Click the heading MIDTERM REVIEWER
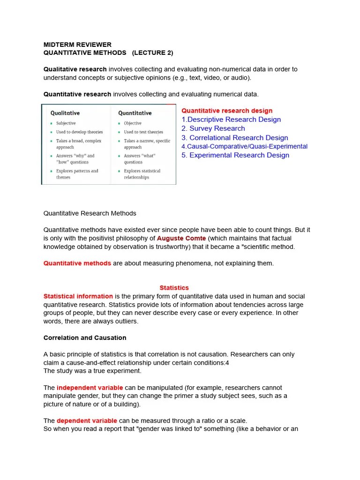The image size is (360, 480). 77,45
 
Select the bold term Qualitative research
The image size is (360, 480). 75,69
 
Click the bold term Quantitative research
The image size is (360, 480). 77,94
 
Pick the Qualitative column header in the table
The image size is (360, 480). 65,113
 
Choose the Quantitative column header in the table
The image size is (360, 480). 135,113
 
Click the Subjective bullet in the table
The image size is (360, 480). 66,123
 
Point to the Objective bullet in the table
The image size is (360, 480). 133,123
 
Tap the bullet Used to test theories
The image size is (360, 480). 143,132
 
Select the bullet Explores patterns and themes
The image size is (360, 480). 77,174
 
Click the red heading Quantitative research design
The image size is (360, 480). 227,111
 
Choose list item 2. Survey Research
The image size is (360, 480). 213,128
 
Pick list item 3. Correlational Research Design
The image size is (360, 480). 235,138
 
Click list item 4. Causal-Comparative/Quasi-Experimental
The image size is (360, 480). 244,146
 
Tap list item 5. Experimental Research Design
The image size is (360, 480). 235,155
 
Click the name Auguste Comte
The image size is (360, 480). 181,238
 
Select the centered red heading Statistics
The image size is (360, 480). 174,288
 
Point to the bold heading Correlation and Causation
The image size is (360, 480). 85,337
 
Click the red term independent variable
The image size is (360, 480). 90,388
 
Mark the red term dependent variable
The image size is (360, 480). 87,420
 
